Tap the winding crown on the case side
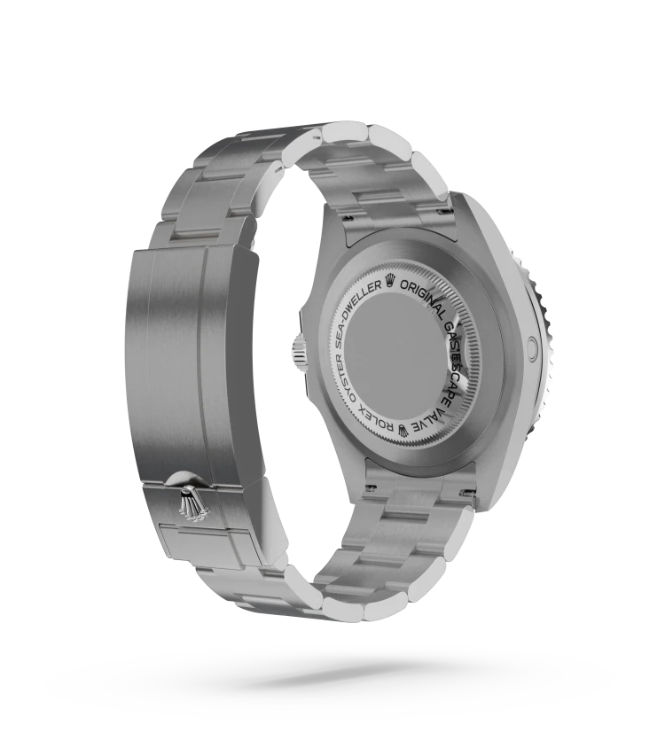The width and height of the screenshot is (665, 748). (296, 349)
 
